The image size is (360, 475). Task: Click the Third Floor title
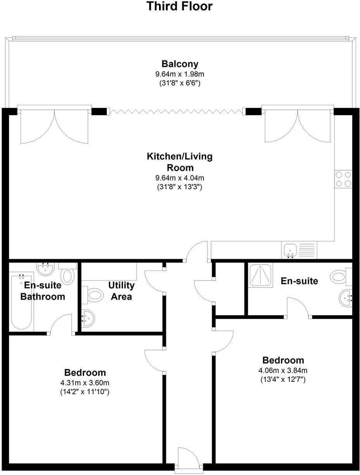[x=180, y=6]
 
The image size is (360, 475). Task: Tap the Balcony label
[x=180, y=64]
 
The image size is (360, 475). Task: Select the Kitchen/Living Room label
[x=180, y=162]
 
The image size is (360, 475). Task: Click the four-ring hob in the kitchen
[x=343, y=179]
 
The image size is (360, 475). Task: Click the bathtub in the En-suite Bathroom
[x=21, y=303]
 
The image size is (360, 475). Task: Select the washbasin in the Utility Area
[x=88, y=318]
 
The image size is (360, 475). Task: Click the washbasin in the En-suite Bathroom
[x=46, y=269]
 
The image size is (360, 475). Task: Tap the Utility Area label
[x=121, y=291]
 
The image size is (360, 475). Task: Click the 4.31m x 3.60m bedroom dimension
[x=85, y=383]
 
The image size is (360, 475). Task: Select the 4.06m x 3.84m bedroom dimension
[x=283, y=370]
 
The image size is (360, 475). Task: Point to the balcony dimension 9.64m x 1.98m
[x=180, y=74]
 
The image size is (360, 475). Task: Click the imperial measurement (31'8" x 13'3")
[x=180, y=187]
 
